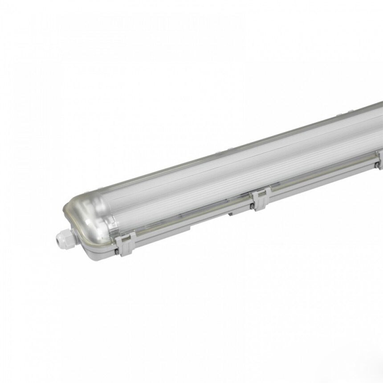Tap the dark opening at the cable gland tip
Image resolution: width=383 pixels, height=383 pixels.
[57, 241]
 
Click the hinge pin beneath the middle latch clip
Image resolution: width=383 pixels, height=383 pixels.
[256, 207]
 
